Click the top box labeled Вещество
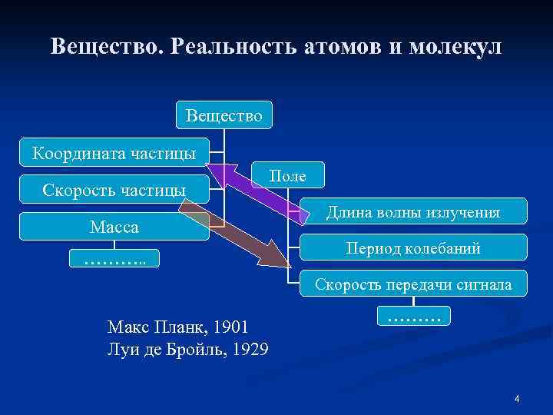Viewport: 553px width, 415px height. [x=223, y=115]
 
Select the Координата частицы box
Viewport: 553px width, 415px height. [x=114, y=152]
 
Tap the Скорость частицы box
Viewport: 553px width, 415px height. [x=114, y=189]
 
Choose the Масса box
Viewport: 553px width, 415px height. [x=114, y=227]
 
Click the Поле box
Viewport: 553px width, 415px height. [x=287, y=176]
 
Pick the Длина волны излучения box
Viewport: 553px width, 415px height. [x=412, y=211]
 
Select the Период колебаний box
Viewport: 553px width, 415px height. [x=412, y=248]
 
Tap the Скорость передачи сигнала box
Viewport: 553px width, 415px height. [x=412, y=284]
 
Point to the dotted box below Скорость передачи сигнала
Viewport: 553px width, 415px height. [x=413, y=315]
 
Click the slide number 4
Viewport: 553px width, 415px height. [x=517, y=398]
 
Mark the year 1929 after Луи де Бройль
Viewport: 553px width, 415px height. [x=250, y=350]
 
